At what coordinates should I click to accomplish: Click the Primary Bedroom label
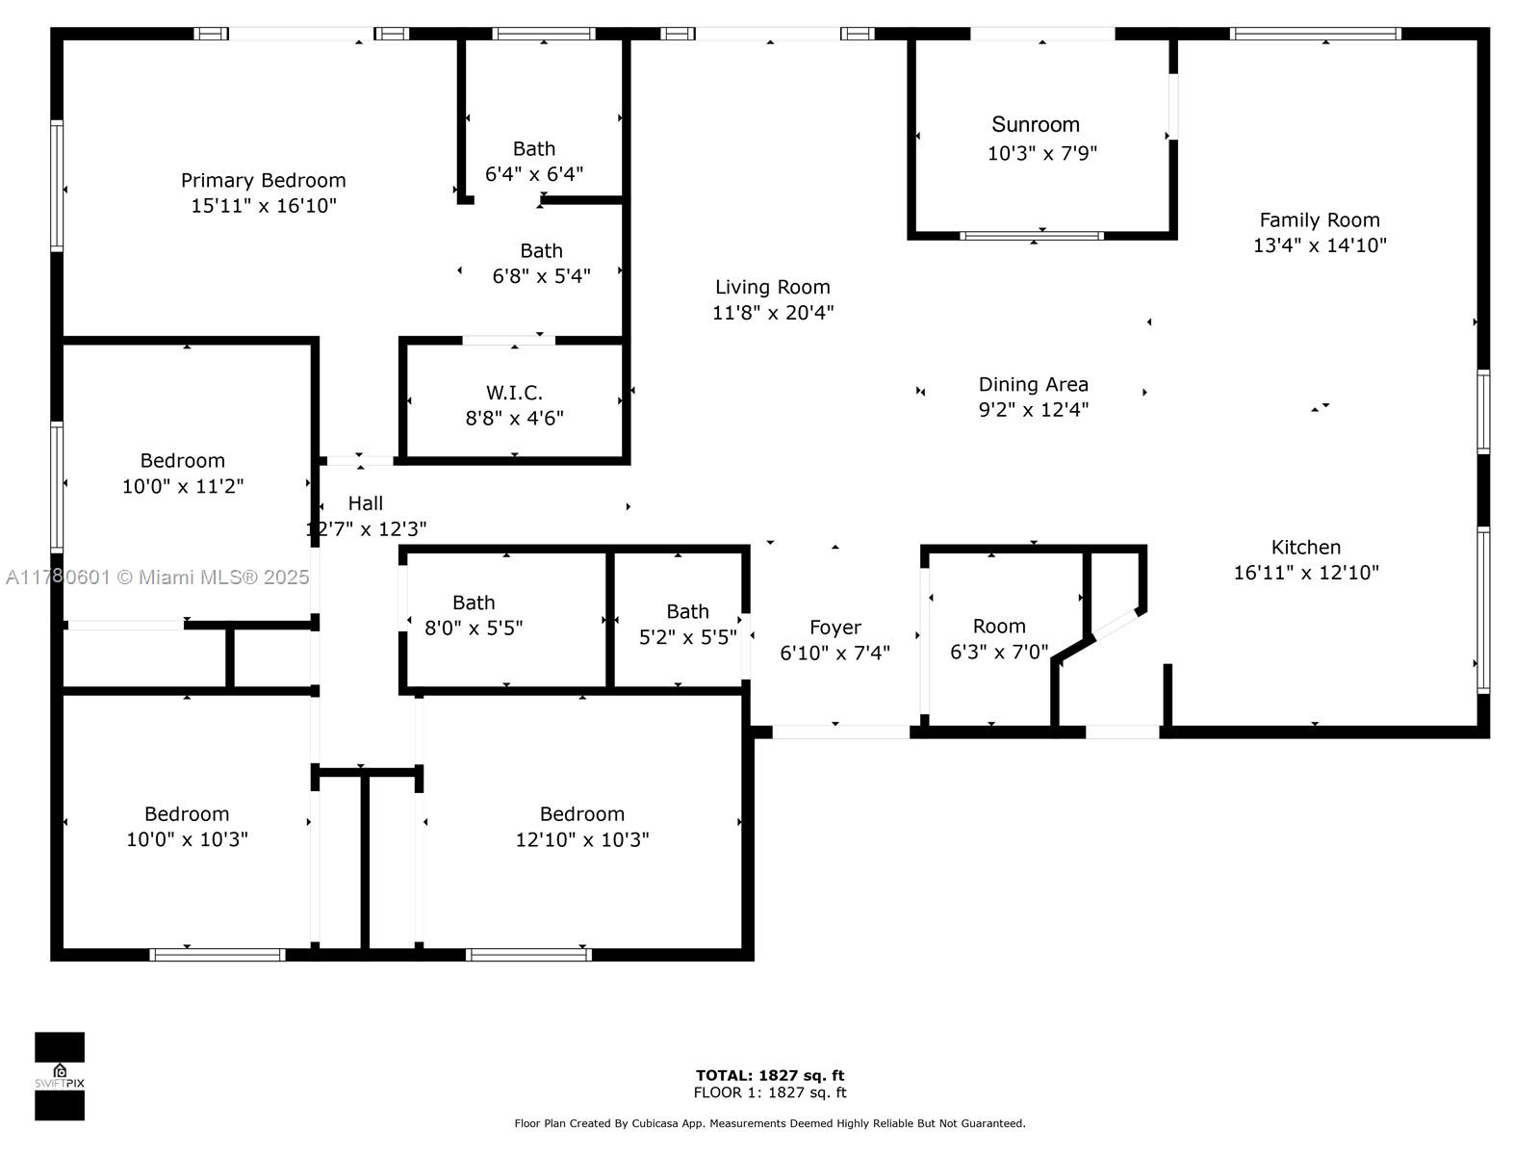coord(263,181)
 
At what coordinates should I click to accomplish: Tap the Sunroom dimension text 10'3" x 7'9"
coord(1041,153)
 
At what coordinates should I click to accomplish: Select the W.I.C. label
coord(514,393)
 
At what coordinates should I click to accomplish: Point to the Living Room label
coord(773,288)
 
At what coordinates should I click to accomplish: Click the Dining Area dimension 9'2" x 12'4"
coord(1034,410)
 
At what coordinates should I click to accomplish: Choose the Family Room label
coord(1320,220)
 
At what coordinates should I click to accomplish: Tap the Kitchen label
coord(1306,547)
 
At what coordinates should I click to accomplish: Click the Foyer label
coord(834,628)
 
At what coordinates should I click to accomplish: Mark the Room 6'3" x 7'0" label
coord(999,627)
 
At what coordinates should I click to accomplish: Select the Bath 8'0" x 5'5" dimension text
coord(474,628)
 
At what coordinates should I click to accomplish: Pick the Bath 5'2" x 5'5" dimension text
coord(687,637)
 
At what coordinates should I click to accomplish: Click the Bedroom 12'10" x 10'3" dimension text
coord(582,839)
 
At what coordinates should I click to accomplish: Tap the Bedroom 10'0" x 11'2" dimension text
coord(183,486)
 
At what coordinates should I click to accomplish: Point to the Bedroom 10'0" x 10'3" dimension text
coord(187,839)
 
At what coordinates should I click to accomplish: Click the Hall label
coord(366,503)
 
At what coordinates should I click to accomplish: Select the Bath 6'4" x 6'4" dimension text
coord(534,174)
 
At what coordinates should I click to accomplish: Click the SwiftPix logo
coord(60,1076)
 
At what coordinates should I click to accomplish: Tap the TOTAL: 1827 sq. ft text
coord(770,1075)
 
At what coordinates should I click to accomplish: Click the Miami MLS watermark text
coord(157,577)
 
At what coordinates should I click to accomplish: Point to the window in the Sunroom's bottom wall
coord(1032,236)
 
